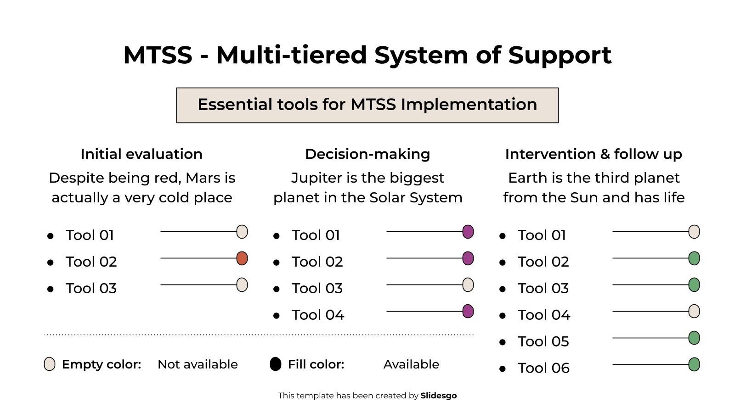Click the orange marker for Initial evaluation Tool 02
[242, 258]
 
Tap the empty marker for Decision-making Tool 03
[468, 285]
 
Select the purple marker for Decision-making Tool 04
[468, 312]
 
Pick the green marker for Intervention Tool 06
[694, 365]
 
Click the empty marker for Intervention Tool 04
[694, 312]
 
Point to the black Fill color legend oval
[275, 364]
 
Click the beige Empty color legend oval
[50, 364]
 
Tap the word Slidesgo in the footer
[438, 396]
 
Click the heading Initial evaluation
[141, 154]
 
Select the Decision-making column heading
[367, 154]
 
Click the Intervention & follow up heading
[594, 154]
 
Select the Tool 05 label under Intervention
[543, 342]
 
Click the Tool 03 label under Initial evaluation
[91, 289]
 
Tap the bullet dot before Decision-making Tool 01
[277, 236]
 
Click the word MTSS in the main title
[158, 55]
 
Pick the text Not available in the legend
[198, 364]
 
